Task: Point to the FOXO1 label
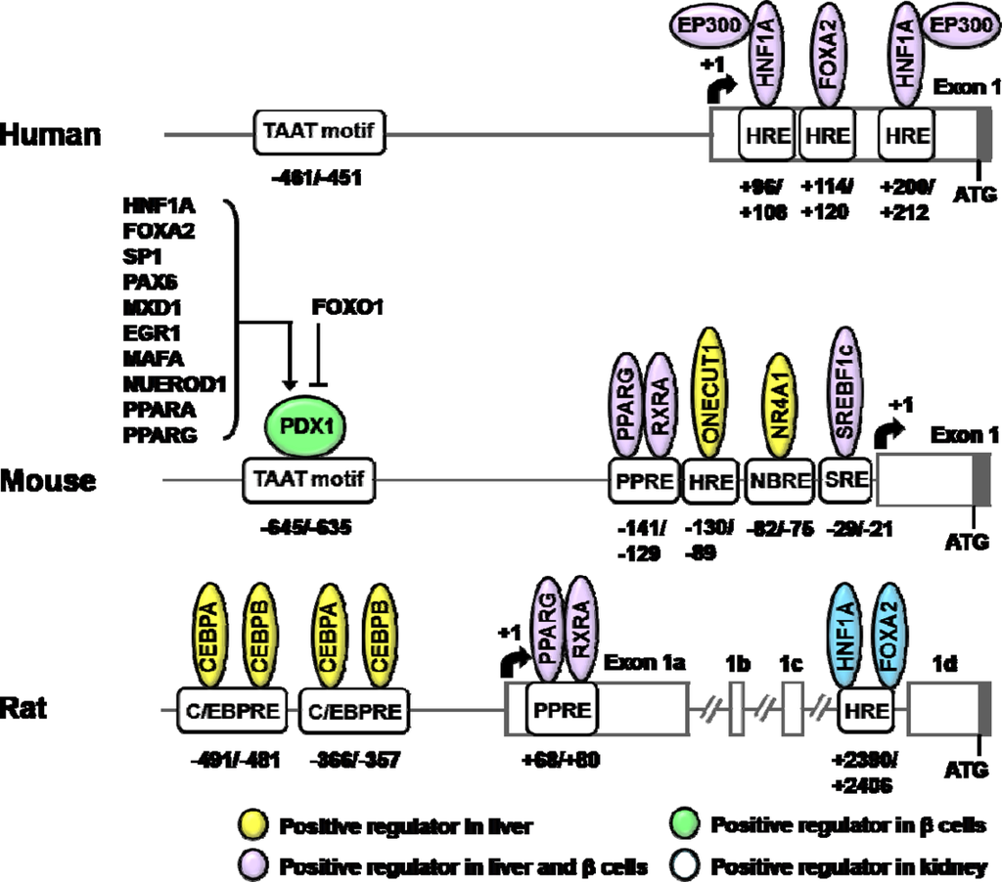pyautogui.click(x=346, y=308)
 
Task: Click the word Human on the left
pyautogui.click(x=51, y=134)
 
